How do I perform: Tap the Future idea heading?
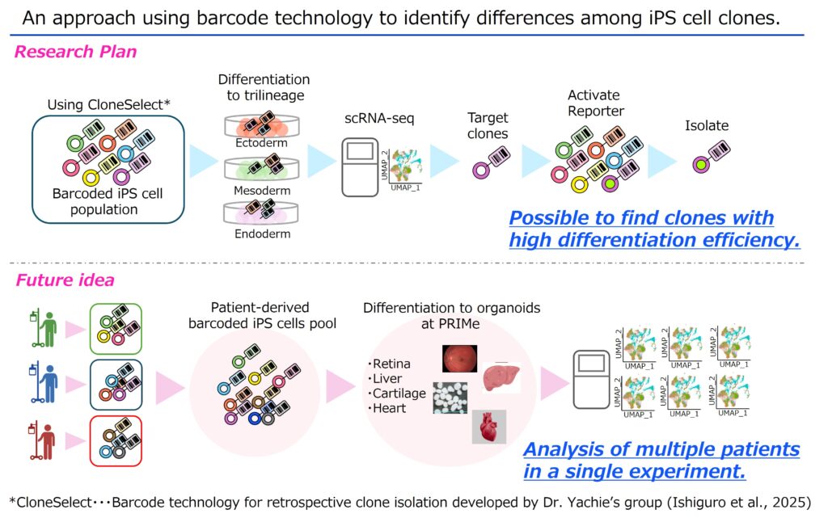click(x=65, y=280)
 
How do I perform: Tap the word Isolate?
click(x=706, y=125)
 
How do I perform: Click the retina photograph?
click(x=459, y=358)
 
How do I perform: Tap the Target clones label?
click(x=488, y=125)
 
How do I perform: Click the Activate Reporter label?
click(x=596, y=103)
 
